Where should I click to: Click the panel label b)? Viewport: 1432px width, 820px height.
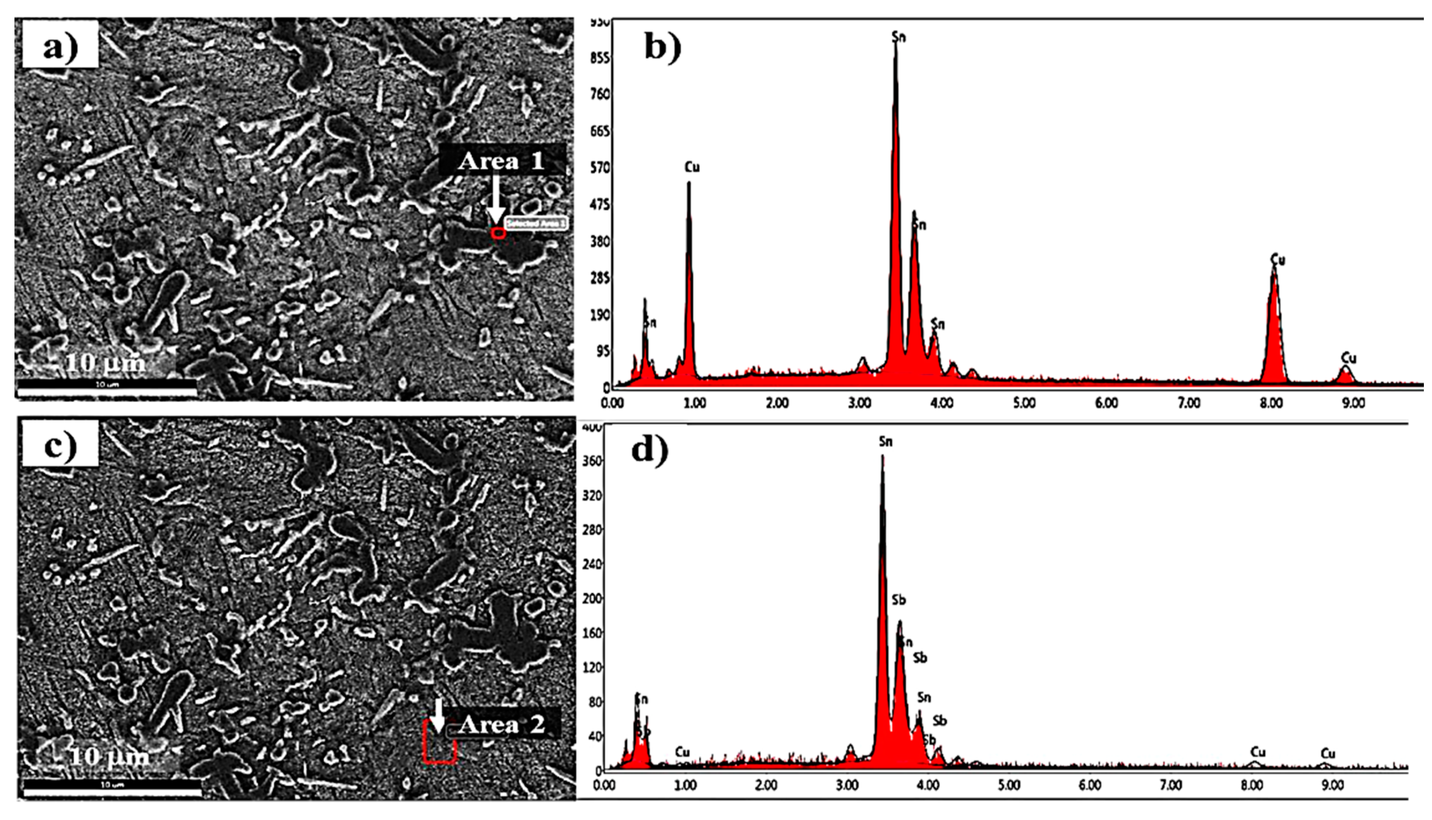[x=662, y=47]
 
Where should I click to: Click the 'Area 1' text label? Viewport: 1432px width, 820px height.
[x=501, y=161]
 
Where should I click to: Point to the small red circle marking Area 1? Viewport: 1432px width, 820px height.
[x=498, y=233]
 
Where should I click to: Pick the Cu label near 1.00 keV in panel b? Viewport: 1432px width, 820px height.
[x=692, y=167]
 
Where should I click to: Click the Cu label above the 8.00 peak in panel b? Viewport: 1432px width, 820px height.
[x=1278, y=260]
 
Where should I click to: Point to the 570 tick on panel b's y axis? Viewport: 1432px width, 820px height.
[x=599, y=168]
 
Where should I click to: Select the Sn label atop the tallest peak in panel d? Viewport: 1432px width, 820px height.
[x=886, y=442]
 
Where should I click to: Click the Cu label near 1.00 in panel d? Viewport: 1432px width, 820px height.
[x=682, y=752]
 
